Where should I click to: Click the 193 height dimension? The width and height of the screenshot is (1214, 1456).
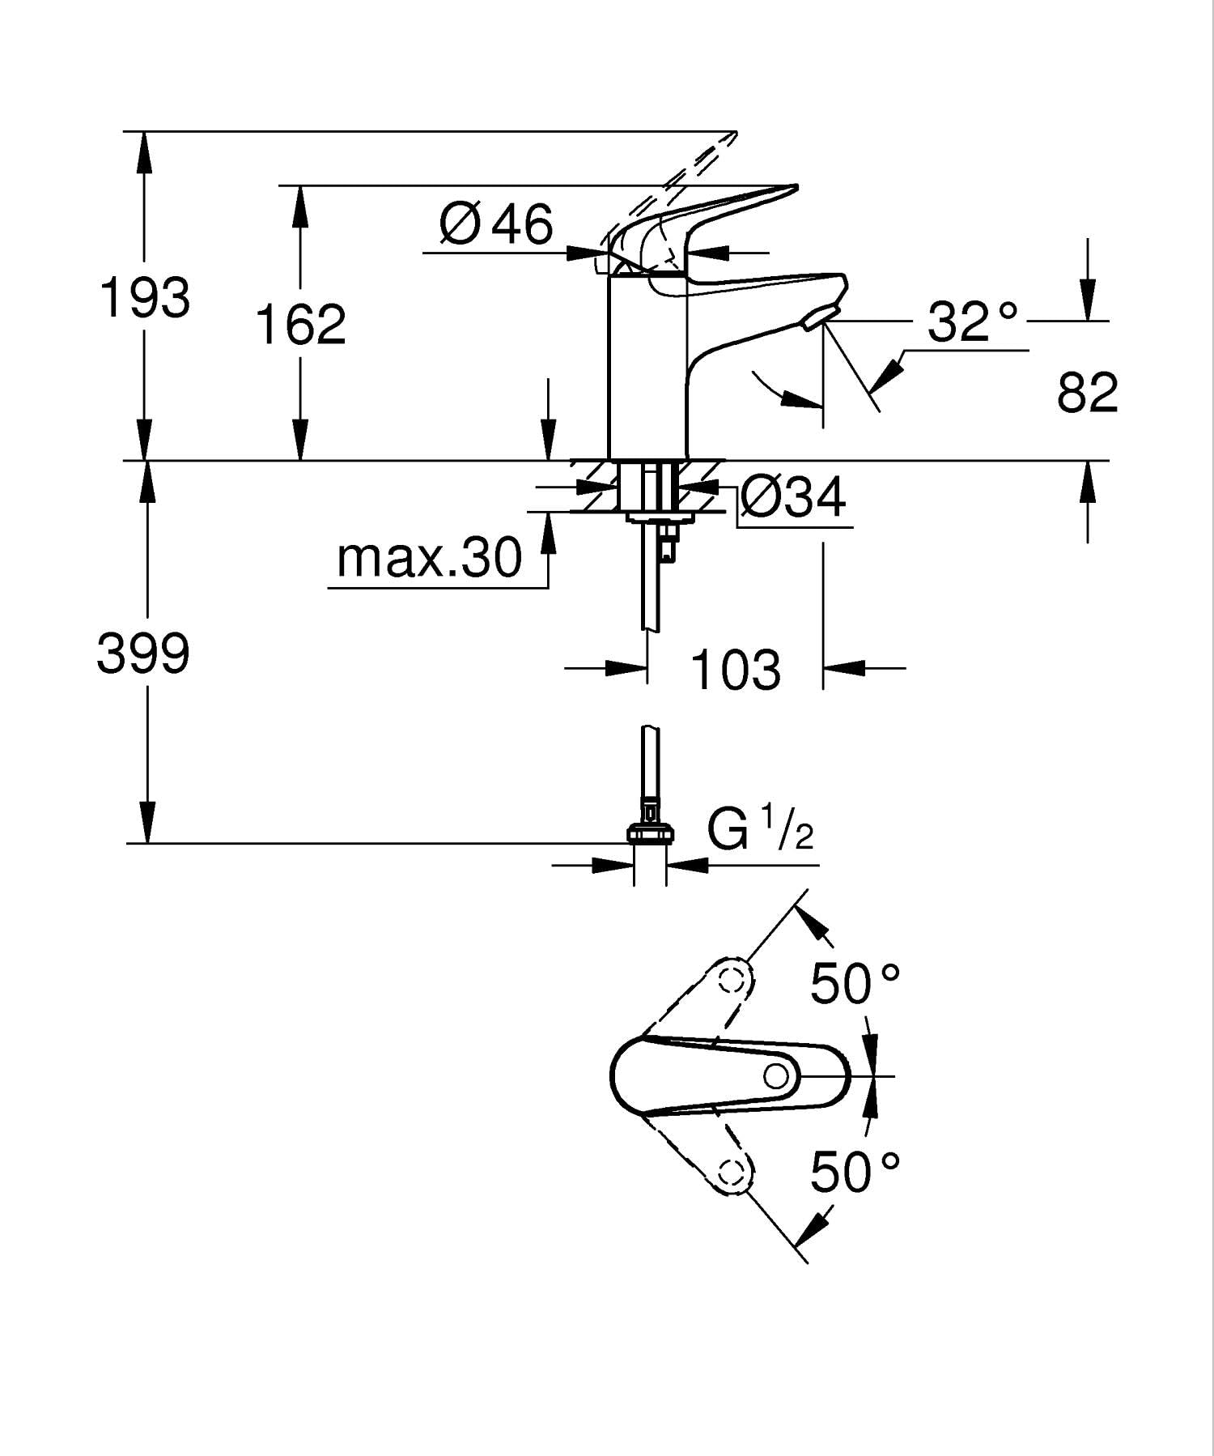click(145, 297)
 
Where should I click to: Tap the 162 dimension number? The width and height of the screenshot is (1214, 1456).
click(300, 324)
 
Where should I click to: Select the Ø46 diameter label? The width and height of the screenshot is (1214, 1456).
click(496, 224)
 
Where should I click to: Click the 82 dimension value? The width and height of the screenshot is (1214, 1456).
click(1087, 393)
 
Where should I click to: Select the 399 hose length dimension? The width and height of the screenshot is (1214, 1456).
click(143, 653)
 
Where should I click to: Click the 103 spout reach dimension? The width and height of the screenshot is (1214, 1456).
click(736, 670)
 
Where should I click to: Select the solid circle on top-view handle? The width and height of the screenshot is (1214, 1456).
click(776, 1076)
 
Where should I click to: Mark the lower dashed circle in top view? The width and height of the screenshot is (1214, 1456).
click(732, 1172)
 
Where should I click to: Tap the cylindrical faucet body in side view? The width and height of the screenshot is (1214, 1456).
click(647, 364)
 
